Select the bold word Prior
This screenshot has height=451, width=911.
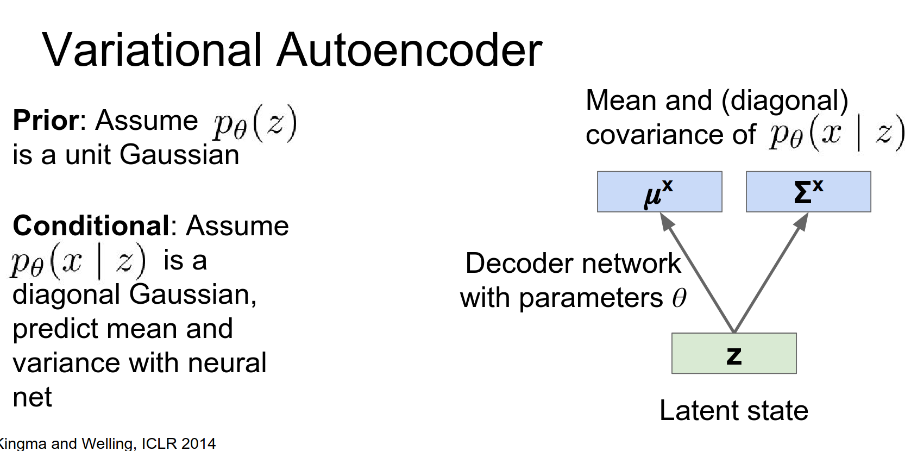pyautogui.click(x=46, y=120)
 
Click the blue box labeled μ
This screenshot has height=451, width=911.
pyautogui.click(x=659, y=192)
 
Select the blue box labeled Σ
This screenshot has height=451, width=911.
pyautogui.click(x=808, y=192)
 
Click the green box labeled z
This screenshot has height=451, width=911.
pyautogui.click(x=733, y=353)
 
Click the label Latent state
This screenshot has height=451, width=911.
pyautogui.click(x=733, y=410)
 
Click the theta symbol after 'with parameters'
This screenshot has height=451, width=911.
pyautogui.click(x=679, y=298)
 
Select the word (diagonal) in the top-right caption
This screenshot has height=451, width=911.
pyautogui.click(x=784, y=101)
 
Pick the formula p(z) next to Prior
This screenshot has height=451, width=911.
pyautogui.click(x=255, y=123)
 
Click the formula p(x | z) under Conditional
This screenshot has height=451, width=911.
pyautogui.click(x=78, y=261)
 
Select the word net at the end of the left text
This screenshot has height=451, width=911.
pyautogui.click(x=32, y=397)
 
